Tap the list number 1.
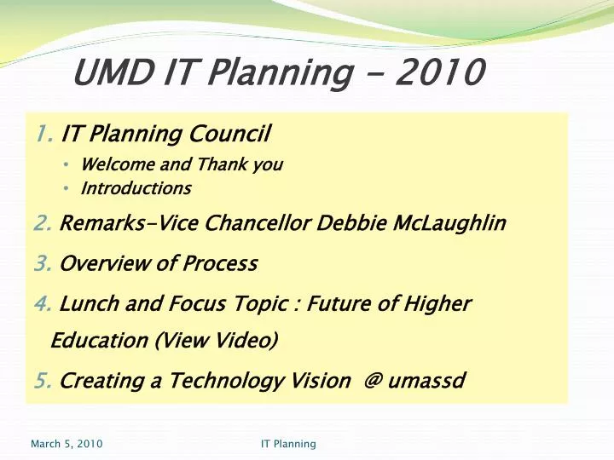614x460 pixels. pos(44,133)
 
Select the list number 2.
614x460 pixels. pos(44,224)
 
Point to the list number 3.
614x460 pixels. pos(44,263)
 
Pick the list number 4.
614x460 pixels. pos(44,303)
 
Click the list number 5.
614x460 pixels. pos(44,380)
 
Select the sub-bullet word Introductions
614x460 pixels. pos(136,187)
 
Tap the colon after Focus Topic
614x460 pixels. pos(293,304)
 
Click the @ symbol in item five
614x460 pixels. pos(373,381)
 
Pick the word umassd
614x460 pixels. pos(426,381)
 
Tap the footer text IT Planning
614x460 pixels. pos(288,444)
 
